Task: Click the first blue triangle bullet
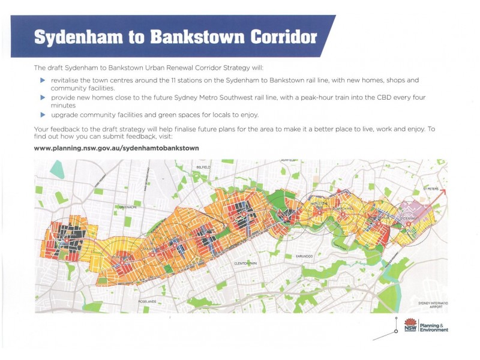[42, 80]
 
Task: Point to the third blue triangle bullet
[42, 114]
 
